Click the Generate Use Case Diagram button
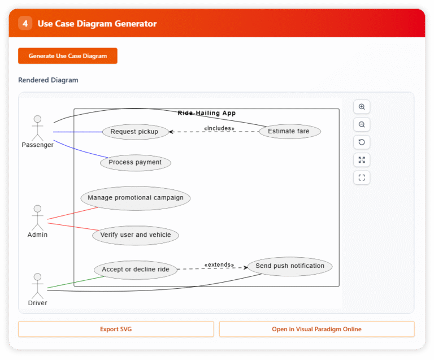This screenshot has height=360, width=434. coord(68,56)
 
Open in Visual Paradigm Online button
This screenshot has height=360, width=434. coord(316,329)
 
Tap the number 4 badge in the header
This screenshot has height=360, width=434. coord(25,23)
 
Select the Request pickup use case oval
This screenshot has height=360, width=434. coord(135,132)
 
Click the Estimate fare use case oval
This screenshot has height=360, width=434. coord(289,132)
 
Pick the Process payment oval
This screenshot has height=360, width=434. coord(135,162)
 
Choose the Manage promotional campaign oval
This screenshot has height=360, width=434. coord(136,198)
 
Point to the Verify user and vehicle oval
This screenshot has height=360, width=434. coord(136,235)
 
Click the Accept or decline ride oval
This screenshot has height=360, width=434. coord(136,270)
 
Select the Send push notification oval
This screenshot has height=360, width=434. coord(290,266)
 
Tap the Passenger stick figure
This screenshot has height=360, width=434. coord(37,128)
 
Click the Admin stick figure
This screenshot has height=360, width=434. coord(37,218)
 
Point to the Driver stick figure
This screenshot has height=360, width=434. coord(37,286)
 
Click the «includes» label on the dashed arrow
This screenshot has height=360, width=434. coord(219,128)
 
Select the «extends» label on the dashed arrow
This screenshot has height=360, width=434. coord(219,264)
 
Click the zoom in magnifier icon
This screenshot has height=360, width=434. coord(362,107)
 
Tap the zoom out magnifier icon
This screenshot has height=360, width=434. coord(362,124)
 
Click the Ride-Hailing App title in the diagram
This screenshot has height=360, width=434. coord(206,113)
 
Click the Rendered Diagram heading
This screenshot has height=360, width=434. coord(48,80)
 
